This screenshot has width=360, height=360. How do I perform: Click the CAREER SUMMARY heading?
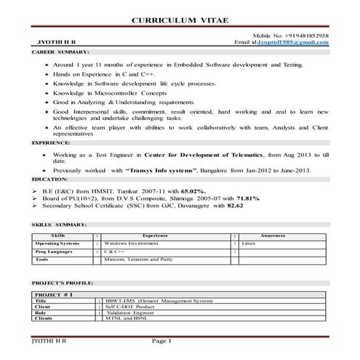pos(61,53)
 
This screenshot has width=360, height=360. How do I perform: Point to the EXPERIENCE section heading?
pos(51,144)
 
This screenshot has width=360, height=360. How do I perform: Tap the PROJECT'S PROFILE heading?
pos(64,281)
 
